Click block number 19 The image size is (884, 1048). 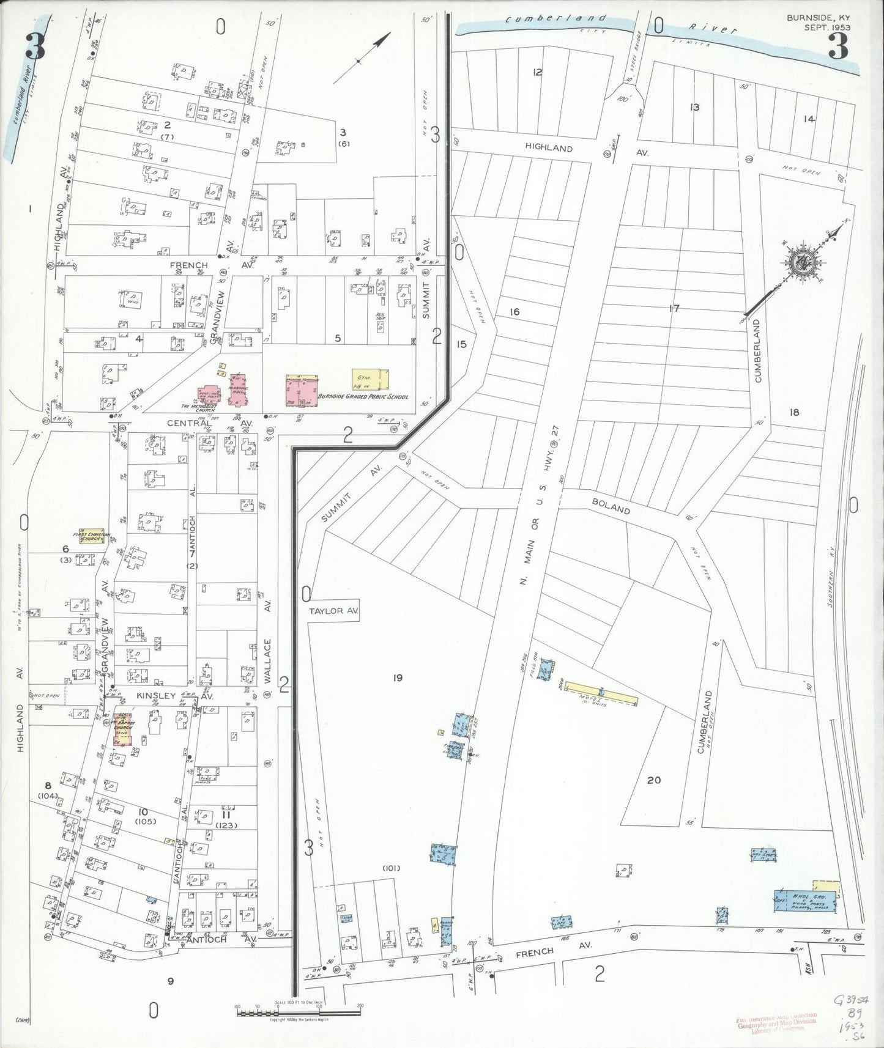[x=398, y=677]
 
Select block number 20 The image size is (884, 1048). [x=654, y=780]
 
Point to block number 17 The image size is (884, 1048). [x=674, y=309]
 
